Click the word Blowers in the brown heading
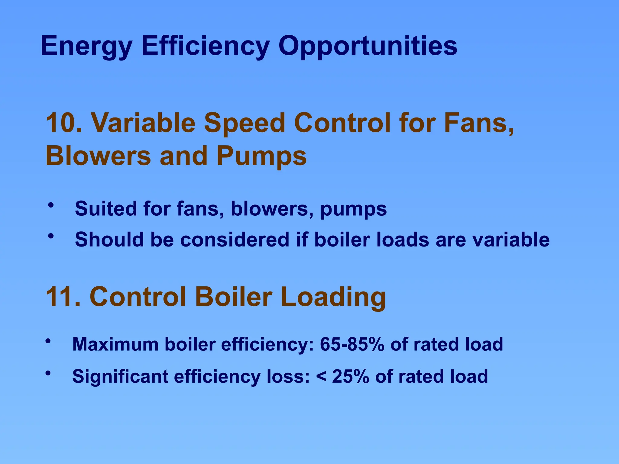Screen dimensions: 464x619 tap(98, 156)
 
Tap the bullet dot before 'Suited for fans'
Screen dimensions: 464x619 tap(51, 205)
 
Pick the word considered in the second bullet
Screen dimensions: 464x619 tap(235, 240)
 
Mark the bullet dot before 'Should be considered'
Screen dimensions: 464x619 tap(51, 236)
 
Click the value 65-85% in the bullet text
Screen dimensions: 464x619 tap(352, 344)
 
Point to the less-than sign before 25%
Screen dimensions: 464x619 tap(321, 377)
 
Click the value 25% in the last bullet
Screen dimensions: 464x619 tap(350, 376)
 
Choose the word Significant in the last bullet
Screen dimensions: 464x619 tap(120, 377)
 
